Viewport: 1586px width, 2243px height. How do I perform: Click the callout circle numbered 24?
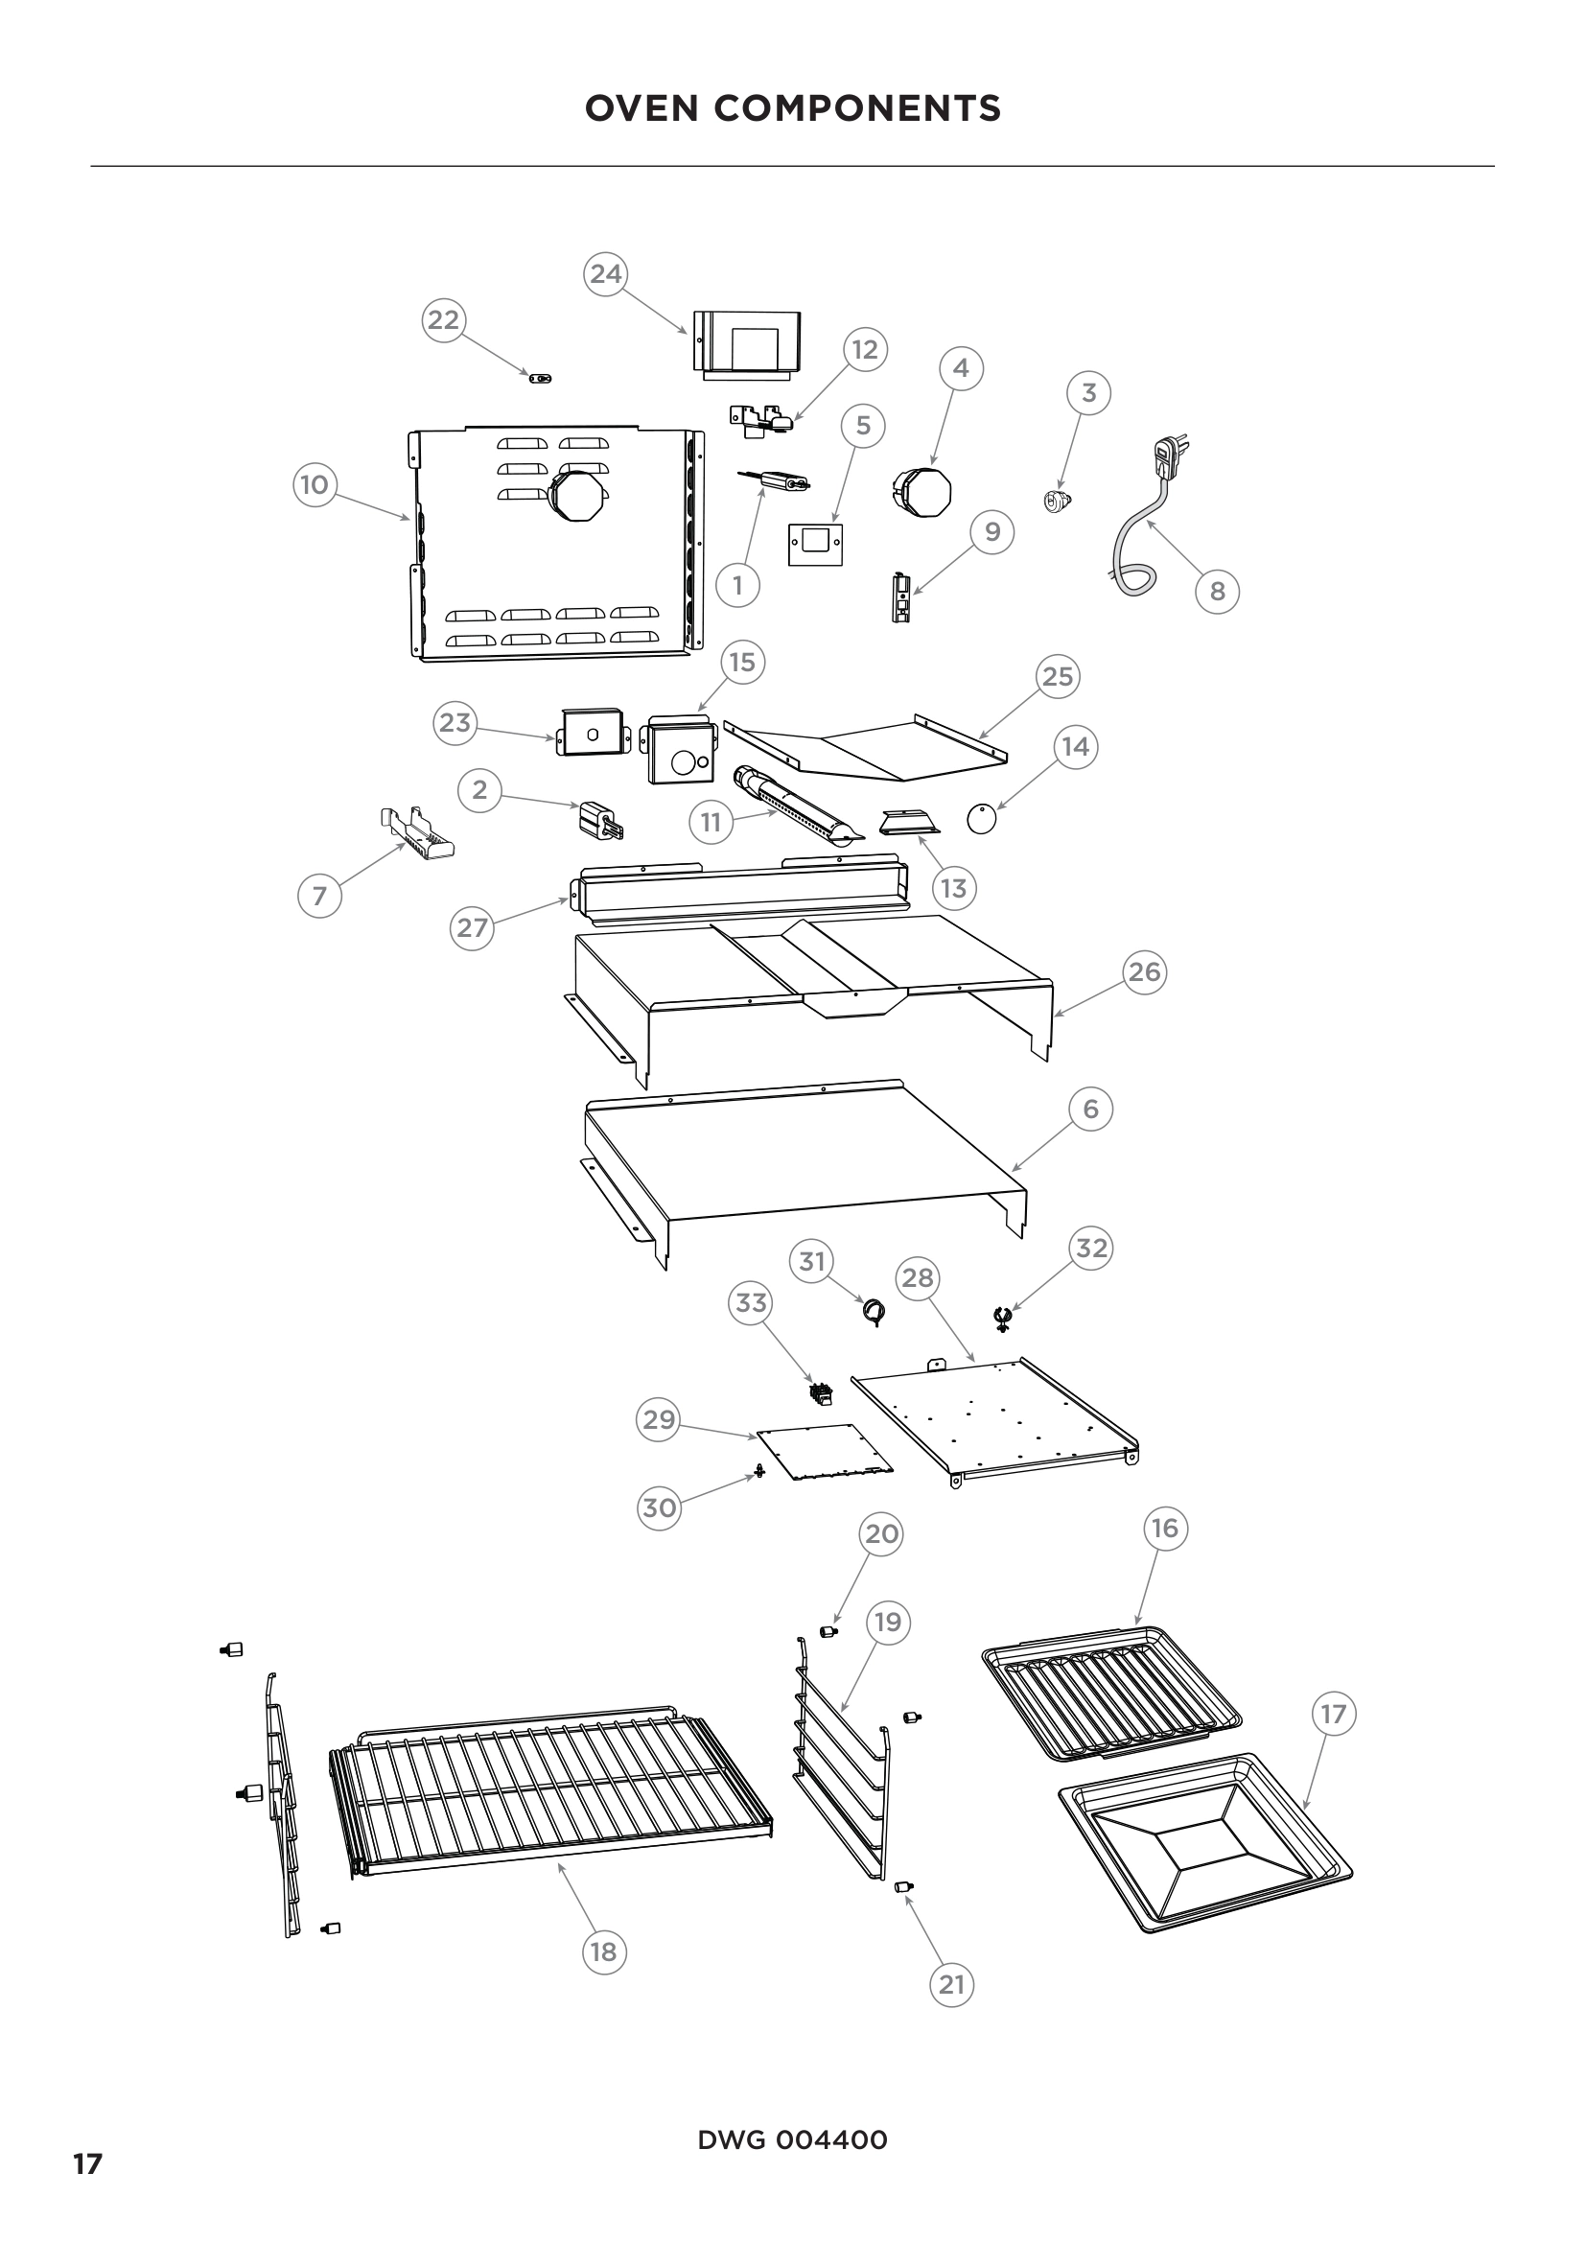click(x=605, y=273)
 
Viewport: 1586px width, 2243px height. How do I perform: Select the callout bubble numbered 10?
click(x=315, y=484)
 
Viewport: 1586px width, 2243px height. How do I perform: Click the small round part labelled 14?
click(x=982, y=819)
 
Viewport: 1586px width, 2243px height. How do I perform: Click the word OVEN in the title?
click(x=643, y=108)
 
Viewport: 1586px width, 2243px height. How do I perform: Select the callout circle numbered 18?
click(x=603, y=1951)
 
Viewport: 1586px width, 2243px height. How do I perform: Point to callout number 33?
click(x=751, y=1303)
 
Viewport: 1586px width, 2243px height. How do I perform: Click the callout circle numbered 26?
click(x=1145, y=972)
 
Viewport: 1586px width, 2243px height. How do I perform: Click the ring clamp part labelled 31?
click(x=874, y=1312)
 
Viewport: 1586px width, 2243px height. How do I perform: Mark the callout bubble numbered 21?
click(x=951, y=1984)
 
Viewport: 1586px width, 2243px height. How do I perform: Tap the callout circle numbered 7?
click(x=319, y=896)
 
